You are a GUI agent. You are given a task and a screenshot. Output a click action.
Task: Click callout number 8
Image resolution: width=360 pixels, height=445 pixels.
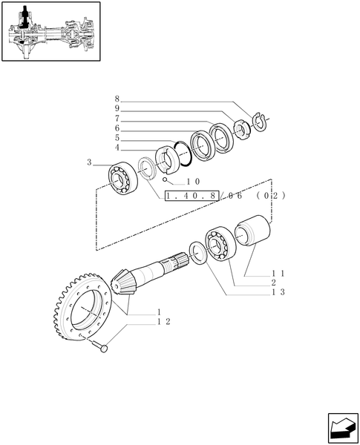(x=117, y=98)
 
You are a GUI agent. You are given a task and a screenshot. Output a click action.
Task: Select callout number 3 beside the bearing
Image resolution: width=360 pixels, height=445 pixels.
(x=89, y=162)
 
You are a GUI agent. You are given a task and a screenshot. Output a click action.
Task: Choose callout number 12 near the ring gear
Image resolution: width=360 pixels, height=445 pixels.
(x=164, y=321)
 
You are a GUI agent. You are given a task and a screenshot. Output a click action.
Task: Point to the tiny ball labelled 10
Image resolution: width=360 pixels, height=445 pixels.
(x=167, y=179)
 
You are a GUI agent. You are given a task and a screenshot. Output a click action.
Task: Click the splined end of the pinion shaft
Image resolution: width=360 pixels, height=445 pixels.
(x=179, y=261)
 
